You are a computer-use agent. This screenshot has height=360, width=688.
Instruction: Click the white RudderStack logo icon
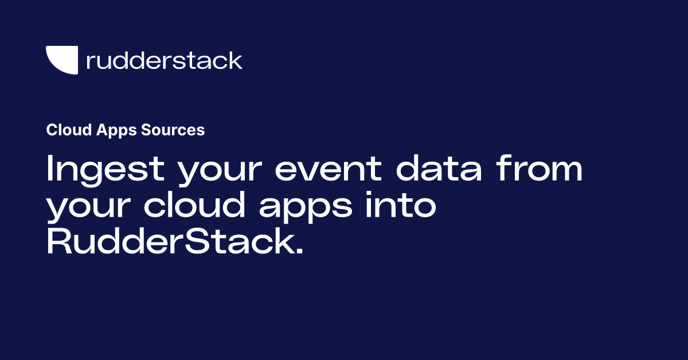point(61,60)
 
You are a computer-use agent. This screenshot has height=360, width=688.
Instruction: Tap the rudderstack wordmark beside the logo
point(164,60)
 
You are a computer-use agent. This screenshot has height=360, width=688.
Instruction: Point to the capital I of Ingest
point(50,170)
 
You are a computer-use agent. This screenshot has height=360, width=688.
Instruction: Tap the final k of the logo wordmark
point(236,60)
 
